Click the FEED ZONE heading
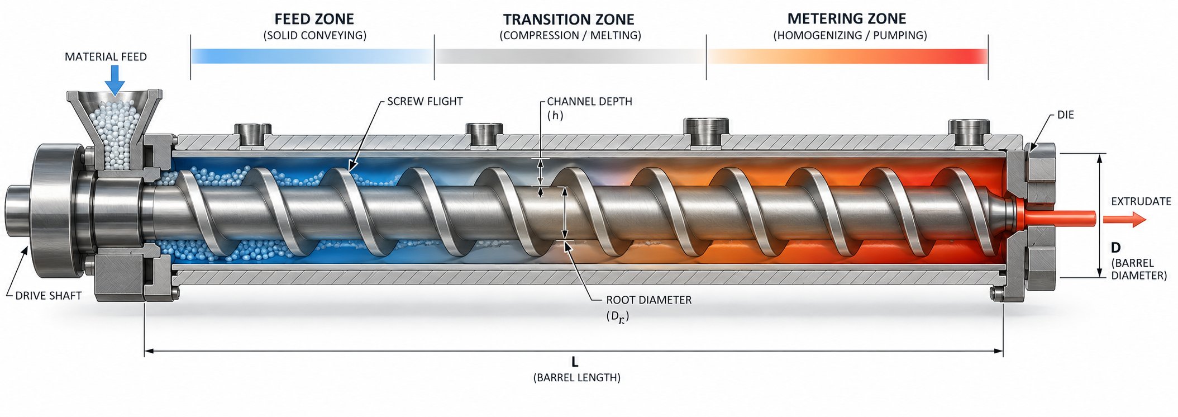click(314, 19)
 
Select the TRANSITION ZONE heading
click(569, 20)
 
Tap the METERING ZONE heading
click(847, 18)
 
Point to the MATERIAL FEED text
click(106, 56)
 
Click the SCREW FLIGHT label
click(425, 101)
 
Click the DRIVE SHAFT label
click(49, 296)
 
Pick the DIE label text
click(1066, 115)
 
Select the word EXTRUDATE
click(1141, 201)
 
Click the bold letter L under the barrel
click(575, 362)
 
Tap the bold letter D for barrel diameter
click(1116, 248)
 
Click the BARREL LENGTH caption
click(577, 377)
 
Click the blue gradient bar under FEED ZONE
click(312, 56)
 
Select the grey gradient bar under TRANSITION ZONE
click(570, 56)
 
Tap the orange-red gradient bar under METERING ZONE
click(847, 56)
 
